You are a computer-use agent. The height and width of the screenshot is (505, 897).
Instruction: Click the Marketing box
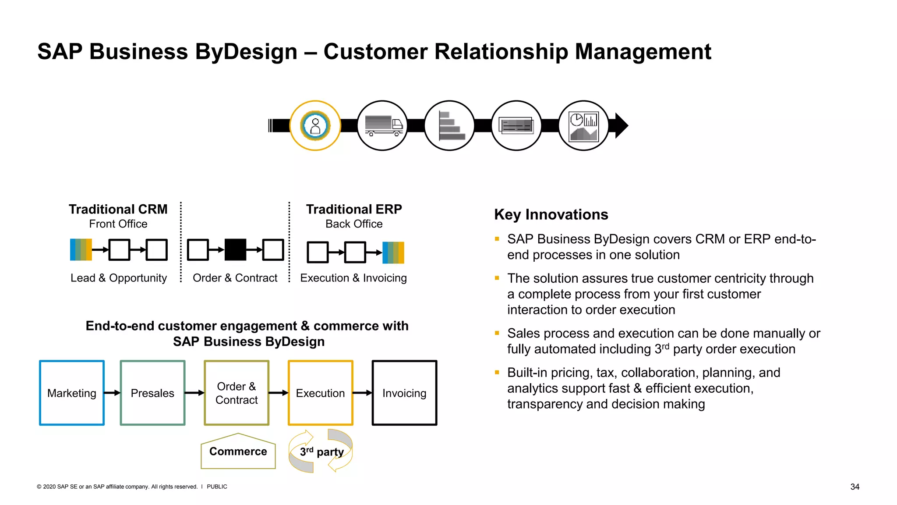pos(72,393)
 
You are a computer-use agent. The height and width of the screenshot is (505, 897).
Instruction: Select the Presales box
pos(152,393)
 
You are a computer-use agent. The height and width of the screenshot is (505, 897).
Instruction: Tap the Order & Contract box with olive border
pos(237,393)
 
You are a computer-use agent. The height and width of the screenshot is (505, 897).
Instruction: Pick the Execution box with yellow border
pos(320,393)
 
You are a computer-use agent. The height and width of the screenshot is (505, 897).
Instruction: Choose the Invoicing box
pos(404,393)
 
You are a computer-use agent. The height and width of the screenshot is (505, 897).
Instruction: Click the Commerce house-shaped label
pos(238,452)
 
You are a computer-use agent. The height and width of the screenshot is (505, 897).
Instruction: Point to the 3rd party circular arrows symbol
pos(321,451)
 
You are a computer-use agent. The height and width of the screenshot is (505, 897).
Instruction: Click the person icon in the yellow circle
pos(315,126)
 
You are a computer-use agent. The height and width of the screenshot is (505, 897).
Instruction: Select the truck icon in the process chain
pos(382,126)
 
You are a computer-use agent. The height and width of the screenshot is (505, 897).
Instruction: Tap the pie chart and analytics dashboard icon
pos(583,126)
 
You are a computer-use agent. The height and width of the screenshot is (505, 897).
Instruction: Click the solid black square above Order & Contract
pos(235,250)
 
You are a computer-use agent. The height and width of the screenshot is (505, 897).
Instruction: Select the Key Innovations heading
pos(551,214)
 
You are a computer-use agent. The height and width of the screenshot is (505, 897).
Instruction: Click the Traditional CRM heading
pos(118,209)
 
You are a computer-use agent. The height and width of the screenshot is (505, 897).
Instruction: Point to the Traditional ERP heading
pos(354,209)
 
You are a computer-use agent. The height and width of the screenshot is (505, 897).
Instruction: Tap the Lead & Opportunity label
pos(119,278)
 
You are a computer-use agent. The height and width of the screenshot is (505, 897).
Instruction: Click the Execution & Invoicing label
pos(353,278)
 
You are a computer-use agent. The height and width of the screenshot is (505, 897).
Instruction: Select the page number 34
pos(855,487)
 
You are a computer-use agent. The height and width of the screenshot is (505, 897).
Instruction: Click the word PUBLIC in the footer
pos(217,487)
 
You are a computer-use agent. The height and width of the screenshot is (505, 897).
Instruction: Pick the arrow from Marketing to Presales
pos(112,393)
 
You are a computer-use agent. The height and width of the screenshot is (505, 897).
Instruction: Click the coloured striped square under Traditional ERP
pos(393,252)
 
